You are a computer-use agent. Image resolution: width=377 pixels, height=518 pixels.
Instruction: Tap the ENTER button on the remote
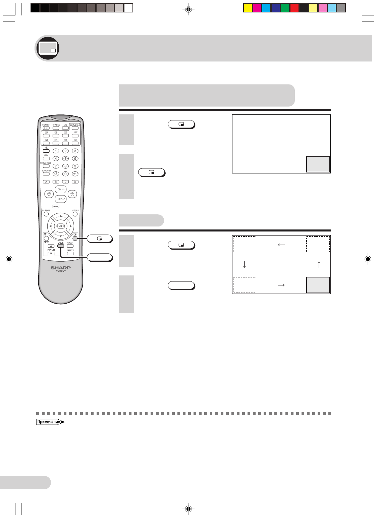coord(60,226)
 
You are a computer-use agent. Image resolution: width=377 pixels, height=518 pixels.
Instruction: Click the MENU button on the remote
coord(75,214)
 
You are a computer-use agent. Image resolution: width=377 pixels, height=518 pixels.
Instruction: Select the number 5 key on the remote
coord(65,158)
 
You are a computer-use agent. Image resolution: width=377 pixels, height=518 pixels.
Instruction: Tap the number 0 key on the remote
coord(65,174)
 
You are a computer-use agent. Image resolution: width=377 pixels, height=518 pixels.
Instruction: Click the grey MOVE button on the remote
coord(60,246)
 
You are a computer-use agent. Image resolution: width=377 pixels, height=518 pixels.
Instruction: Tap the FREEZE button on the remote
coord(70,254)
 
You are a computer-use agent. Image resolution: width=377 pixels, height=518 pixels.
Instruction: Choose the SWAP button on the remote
coord(70,246)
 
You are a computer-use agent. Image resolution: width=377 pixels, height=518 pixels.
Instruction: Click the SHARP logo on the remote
coord(61,268)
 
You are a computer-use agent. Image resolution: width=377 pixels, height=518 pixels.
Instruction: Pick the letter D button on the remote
coord(75,182)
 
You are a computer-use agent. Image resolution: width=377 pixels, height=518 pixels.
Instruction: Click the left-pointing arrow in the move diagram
coord(281,245)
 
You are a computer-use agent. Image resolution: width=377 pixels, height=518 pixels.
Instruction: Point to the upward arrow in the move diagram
coord(319,265)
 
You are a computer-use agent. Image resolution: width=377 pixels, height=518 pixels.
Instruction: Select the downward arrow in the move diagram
coord(244,265)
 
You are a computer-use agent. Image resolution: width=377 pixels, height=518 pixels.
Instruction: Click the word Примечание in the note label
coord(49,422)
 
